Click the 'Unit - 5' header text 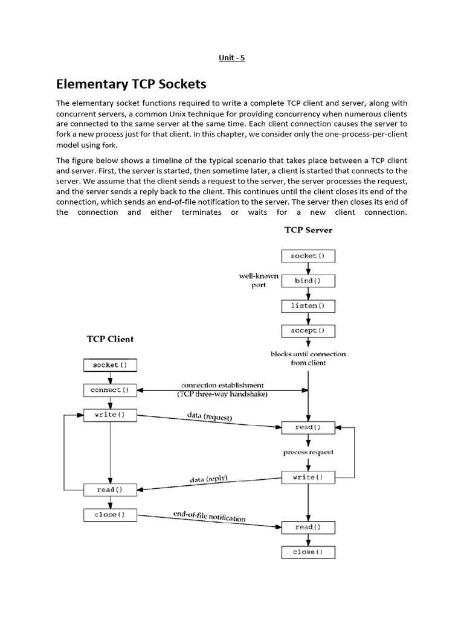pos(232,58)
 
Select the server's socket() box pos(308,256)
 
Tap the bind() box pos(308,281)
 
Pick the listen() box pos(308,306)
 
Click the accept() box pos(308,331)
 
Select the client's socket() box pos(109,365)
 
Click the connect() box pos(109,390)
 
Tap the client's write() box pos(109,415)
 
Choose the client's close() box pos(109,515)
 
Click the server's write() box pos(308,477)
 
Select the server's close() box pos(308,552)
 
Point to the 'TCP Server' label pos(308,230)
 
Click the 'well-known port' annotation pos(258,281)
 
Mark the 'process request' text pos(308,452)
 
